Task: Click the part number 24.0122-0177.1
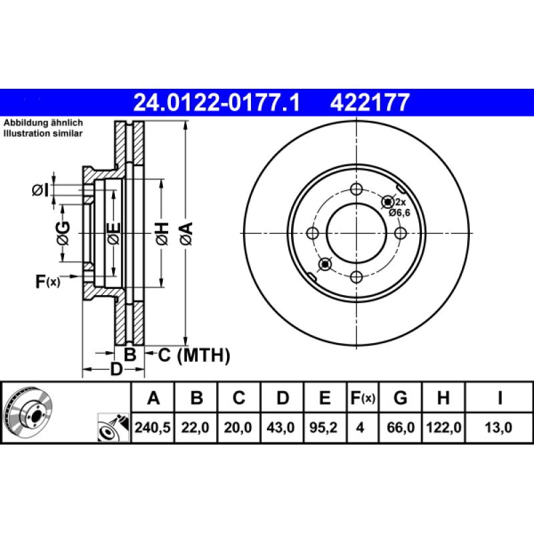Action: point(218,102)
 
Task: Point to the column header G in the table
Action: point(400,398)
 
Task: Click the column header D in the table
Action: point(282,398)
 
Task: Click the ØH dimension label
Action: point(162,233)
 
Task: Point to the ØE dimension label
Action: point(114,233)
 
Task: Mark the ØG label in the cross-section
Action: point(63,233)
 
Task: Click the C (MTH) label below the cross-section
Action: point(194,355)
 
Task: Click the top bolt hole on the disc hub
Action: point(356,189)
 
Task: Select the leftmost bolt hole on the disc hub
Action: point(312,233)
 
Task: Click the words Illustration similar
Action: point(43,133)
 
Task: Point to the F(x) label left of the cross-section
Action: point(47,282)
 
